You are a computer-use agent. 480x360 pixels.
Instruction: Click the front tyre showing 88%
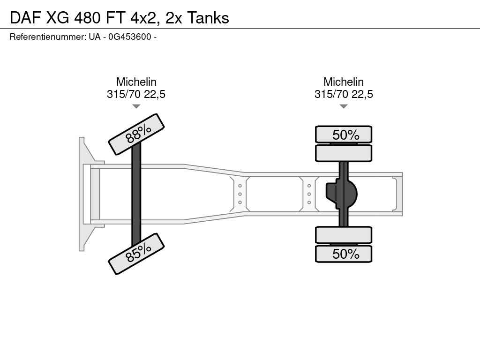[136, 134]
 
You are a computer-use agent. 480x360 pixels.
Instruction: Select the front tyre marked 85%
[136, 254]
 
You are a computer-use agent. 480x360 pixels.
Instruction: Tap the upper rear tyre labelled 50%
[344, 135]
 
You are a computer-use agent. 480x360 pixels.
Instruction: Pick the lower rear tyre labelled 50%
[344, 254]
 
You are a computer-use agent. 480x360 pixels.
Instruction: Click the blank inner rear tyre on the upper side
[344, 153]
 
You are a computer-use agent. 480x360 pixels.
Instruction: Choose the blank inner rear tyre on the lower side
[344, 235]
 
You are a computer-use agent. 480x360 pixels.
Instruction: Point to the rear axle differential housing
[341, 194]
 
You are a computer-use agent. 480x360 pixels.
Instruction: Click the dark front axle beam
[136, 194]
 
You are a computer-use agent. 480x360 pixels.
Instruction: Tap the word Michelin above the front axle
[136, 82]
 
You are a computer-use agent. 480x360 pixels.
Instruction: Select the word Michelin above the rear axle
[344, 82]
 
